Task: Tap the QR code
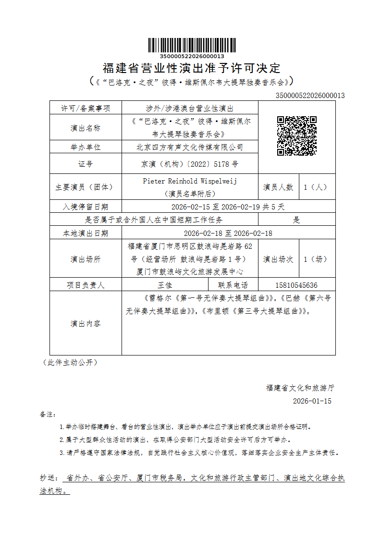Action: (x=296, y=135)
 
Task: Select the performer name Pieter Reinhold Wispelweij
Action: (x=190, y=181)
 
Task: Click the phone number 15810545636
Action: (x=296, y=285)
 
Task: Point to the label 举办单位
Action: (x=86, y=147)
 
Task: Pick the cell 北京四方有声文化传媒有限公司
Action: (x=190, y=147)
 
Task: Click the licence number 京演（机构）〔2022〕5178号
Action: (x=190, y=164)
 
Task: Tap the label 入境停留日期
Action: (x=86, y=207)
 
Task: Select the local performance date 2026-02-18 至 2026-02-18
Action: (x=228, y=233)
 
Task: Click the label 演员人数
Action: (x=278, y=187)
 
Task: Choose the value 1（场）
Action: (x=315, y=259)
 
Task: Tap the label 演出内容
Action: (x=86, y=323)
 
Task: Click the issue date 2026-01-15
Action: (x=312, y=401)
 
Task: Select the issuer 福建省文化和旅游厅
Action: (x=300, y=387)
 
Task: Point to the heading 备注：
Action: (x=48, y=414)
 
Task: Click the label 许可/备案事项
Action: (x=86, y=108)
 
